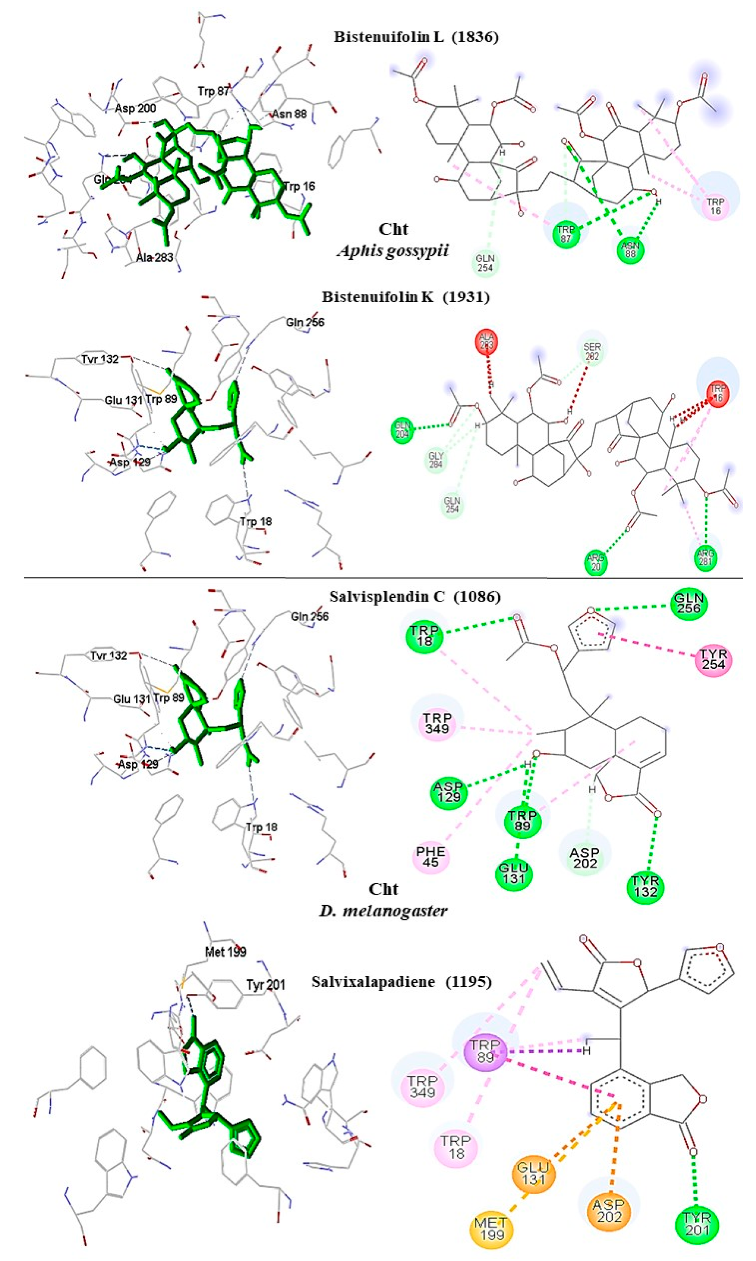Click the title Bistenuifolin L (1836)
(416, 37)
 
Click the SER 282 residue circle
(592, 351)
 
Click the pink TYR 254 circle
(714, 660)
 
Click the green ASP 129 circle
(449, 792)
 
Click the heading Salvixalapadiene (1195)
(401, 981)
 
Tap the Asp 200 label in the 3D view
(135, 108)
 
